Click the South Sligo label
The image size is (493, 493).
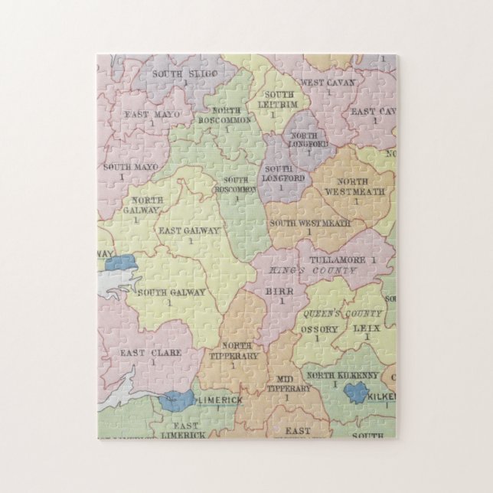tap(184, 73)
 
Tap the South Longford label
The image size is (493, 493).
tap(282, 173)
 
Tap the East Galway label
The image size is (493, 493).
tap(188, 230)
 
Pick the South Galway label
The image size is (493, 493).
tap(169, 291)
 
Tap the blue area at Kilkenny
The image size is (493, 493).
tap(356, 393)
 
